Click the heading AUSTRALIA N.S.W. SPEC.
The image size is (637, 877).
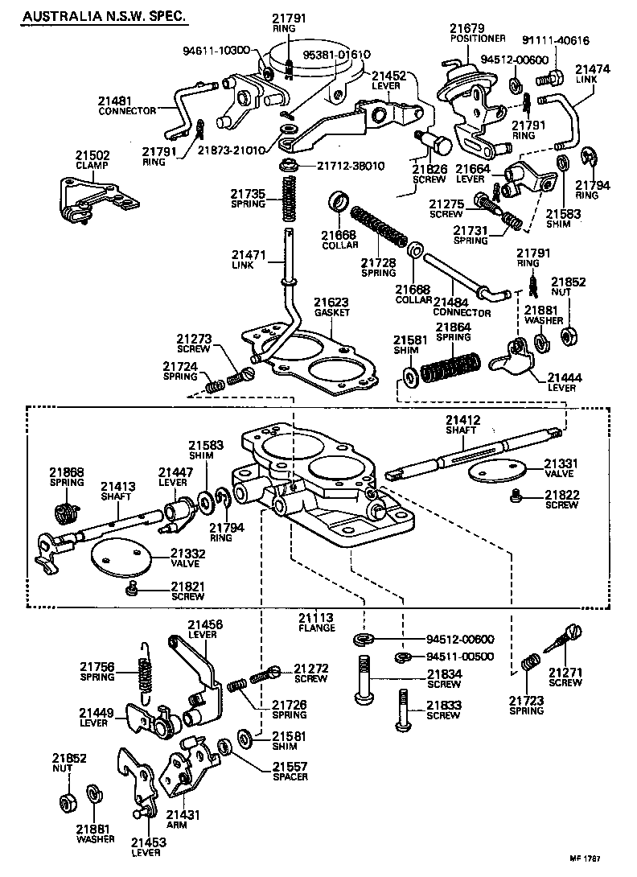105,16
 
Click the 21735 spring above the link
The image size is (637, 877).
287,200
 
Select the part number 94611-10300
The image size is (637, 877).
216,50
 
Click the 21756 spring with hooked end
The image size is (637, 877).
145,667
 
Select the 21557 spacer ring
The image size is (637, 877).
226,747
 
